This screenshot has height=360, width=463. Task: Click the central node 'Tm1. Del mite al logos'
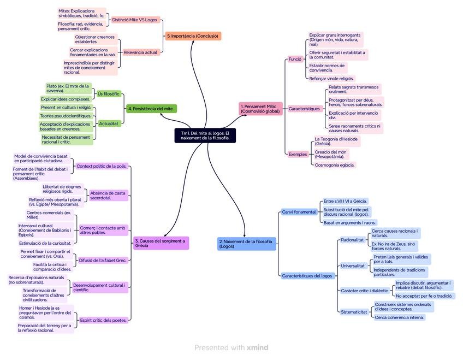(206, 135)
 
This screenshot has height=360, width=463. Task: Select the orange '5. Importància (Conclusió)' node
(193, 36)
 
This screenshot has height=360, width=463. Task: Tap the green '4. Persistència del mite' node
(151, 109)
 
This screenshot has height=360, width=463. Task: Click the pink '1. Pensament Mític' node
(260, 109)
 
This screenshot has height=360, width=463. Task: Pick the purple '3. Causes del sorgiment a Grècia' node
(161, 243)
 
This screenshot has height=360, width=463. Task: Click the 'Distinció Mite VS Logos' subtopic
(135, 20)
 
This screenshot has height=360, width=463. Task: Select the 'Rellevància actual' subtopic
(140, 52)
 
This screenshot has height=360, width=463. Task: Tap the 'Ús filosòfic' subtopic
(108, 94)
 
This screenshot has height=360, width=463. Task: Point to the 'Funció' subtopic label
(295, 58)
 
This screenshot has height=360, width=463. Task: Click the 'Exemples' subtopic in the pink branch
(298, 154)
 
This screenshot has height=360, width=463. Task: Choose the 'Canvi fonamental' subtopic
(299, 212)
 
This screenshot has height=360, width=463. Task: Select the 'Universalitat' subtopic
(353, 266)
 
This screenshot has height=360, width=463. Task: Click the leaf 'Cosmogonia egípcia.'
(335, 165)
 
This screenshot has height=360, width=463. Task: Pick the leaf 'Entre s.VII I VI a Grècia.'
(345, 202)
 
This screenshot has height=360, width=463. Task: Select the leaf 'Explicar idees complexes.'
(66, 99)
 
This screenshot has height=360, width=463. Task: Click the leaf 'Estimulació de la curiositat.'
(45, 243)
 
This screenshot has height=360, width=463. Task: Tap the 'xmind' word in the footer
(257, 347)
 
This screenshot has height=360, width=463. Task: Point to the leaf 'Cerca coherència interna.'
(399, 317)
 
